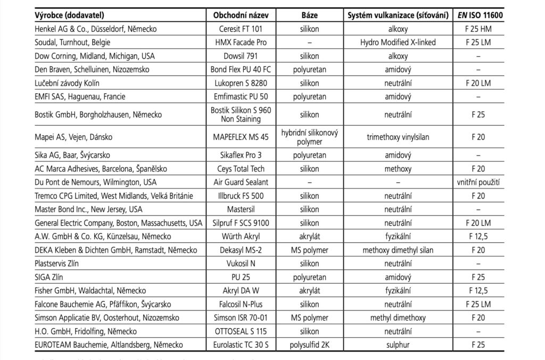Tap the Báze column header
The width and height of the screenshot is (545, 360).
pyautogui.click(x=309, y=15)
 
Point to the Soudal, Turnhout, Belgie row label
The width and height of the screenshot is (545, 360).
pyautogui.click(x=65, y=42)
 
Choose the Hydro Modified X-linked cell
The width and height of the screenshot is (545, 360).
pyautogui.click(x=398, y=42)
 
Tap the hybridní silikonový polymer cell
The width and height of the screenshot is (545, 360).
pyautogui.click(x=309, y=137)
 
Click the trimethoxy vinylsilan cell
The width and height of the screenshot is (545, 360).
pyautogui.click(x=398, y=137)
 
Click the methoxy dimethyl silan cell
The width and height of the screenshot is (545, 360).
pyautogui.click(x=398, y=250)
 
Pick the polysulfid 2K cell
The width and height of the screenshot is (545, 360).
pyautogui.click(x=309, y=345)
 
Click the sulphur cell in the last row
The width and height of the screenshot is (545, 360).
pyautogui.click(x=398, y=345)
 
